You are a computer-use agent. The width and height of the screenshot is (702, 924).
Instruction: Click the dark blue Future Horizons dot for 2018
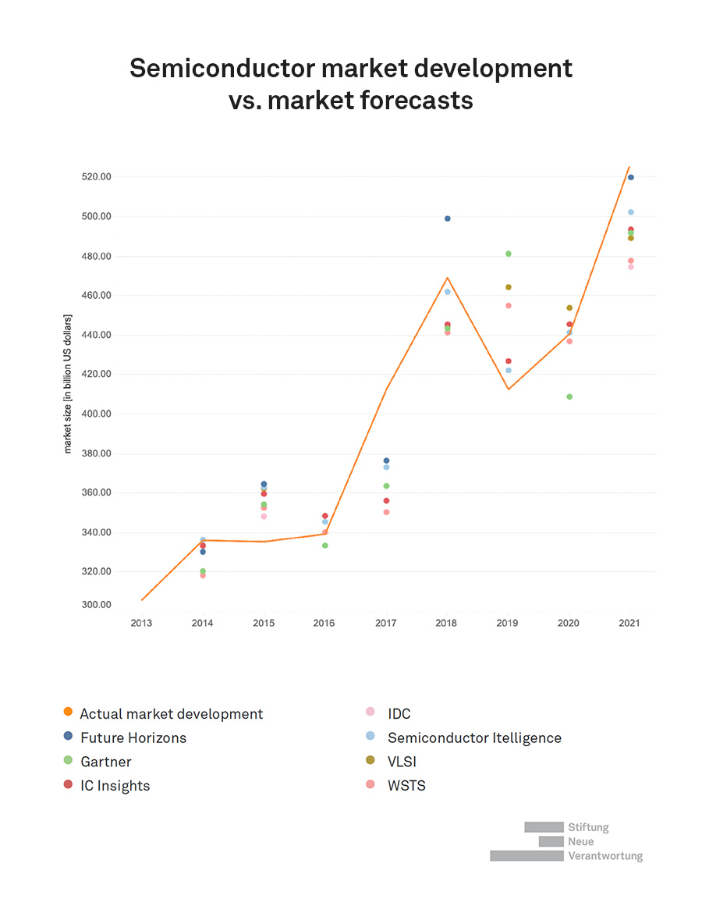(x=448, y=219)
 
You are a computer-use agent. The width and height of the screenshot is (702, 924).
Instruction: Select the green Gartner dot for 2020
(x=569, y=396)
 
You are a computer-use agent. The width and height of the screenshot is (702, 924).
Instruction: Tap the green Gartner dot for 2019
(x=509, y=254)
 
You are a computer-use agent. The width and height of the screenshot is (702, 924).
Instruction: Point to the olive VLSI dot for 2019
(x=509, y=287)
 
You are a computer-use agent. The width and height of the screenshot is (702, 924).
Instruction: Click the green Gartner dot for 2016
(x=325, y=546)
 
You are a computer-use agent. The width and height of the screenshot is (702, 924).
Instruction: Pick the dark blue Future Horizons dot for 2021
(x=631, y=177)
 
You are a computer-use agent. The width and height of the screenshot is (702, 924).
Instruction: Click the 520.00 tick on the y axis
(x=97, y=177)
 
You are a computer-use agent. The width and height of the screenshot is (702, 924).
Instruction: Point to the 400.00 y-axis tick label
(x=97, y=414)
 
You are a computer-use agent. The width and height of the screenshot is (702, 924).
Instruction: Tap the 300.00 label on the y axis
(x=97, y=605)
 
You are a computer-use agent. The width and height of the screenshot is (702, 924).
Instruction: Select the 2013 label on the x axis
(x=141, y=623)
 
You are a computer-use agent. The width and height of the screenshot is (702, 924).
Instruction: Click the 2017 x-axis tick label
(x=386, y=623)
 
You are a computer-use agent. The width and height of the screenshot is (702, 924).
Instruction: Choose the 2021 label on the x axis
(x=631, y=623)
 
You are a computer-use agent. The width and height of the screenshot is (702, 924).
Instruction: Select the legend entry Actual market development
(x=172, y=714)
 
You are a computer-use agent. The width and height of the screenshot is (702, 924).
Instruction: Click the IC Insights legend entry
(x=115, y=786)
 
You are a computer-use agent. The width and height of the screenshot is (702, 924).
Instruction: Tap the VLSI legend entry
(x=403, y=762)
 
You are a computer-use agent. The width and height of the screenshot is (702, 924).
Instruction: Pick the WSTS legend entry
(x=406, y=786)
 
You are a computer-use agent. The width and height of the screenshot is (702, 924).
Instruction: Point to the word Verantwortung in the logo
(x=605, y=856)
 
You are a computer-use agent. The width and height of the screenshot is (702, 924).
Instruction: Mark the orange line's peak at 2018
(x=448, y=277)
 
